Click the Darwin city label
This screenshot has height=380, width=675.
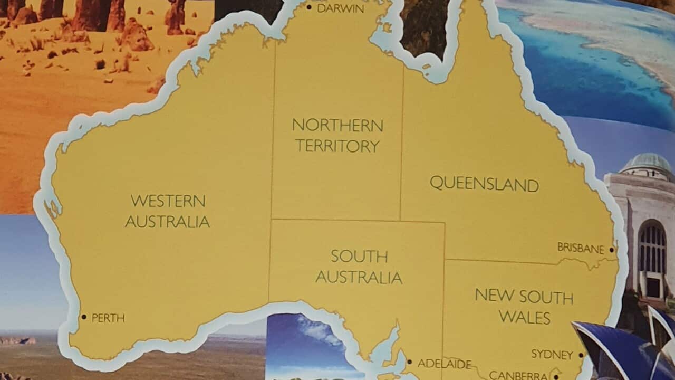click(x=341, y=8)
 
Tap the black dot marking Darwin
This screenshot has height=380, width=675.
click(x=309, y=7)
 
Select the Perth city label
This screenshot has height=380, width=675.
click(x=108, y=318)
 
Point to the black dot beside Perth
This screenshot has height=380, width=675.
click(x=83, y=317)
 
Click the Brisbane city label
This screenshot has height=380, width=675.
click(x=581, y=248)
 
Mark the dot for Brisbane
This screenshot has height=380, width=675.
click(x=612, y=250)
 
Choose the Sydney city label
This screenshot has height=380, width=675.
click(x=552, y=354)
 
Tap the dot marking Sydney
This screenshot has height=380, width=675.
click(x=581, y=355)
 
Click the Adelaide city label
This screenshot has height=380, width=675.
click(x=445, y=364)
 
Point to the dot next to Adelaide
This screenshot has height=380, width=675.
click(x=410, y=362)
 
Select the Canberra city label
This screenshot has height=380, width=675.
click(x=518, y=375)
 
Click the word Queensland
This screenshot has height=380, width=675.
click(x=484, y=184)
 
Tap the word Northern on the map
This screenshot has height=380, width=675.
click(x=337, y=126)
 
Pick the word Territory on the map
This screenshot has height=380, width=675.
click(x=337, y=146)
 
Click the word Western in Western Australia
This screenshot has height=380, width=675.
click(x=168, y=201)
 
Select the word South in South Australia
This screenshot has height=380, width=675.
click(x=359, y=256)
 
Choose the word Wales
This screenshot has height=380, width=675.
click(x=524, y=318)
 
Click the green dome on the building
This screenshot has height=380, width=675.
click(x=647, y=163)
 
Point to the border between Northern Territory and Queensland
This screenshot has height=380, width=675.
click(x=402, y=142)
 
